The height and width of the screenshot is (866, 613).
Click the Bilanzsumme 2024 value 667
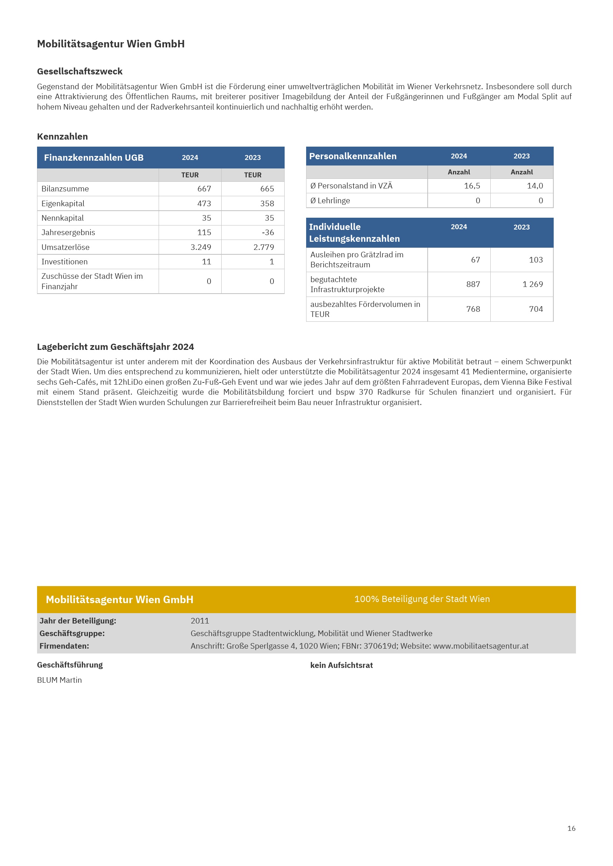204,188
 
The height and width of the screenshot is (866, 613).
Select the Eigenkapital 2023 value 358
267,203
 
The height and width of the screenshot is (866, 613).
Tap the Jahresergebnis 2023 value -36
268,233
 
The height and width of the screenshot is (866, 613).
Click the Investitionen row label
64,262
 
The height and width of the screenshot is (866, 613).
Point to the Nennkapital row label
63,218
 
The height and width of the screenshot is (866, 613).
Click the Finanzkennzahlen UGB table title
94,158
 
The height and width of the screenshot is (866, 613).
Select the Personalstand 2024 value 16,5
472,185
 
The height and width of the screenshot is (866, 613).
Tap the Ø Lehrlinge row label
330,201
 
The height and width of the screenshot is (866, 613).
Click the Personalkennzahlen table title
352,156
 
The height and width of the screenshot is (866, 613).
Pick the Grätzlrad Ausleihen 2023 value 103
536,260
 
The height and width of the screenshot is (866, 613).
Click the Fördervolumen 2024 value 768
473,309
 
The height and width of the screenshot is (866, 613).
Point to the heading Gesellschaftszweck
80,71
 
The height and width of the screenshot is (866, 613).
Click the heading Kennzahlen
62,137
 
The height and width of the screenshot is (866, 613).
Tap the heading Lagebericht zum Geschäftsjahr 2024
116,347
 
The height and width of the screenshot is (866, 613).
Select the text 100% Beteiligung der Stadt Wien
422,599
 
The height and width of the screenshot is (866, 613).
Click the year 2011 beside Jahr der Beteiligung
200,621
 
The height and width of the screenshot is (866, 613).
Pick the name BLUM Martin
59,680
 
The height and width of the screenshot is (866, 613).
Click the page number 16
571,828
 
